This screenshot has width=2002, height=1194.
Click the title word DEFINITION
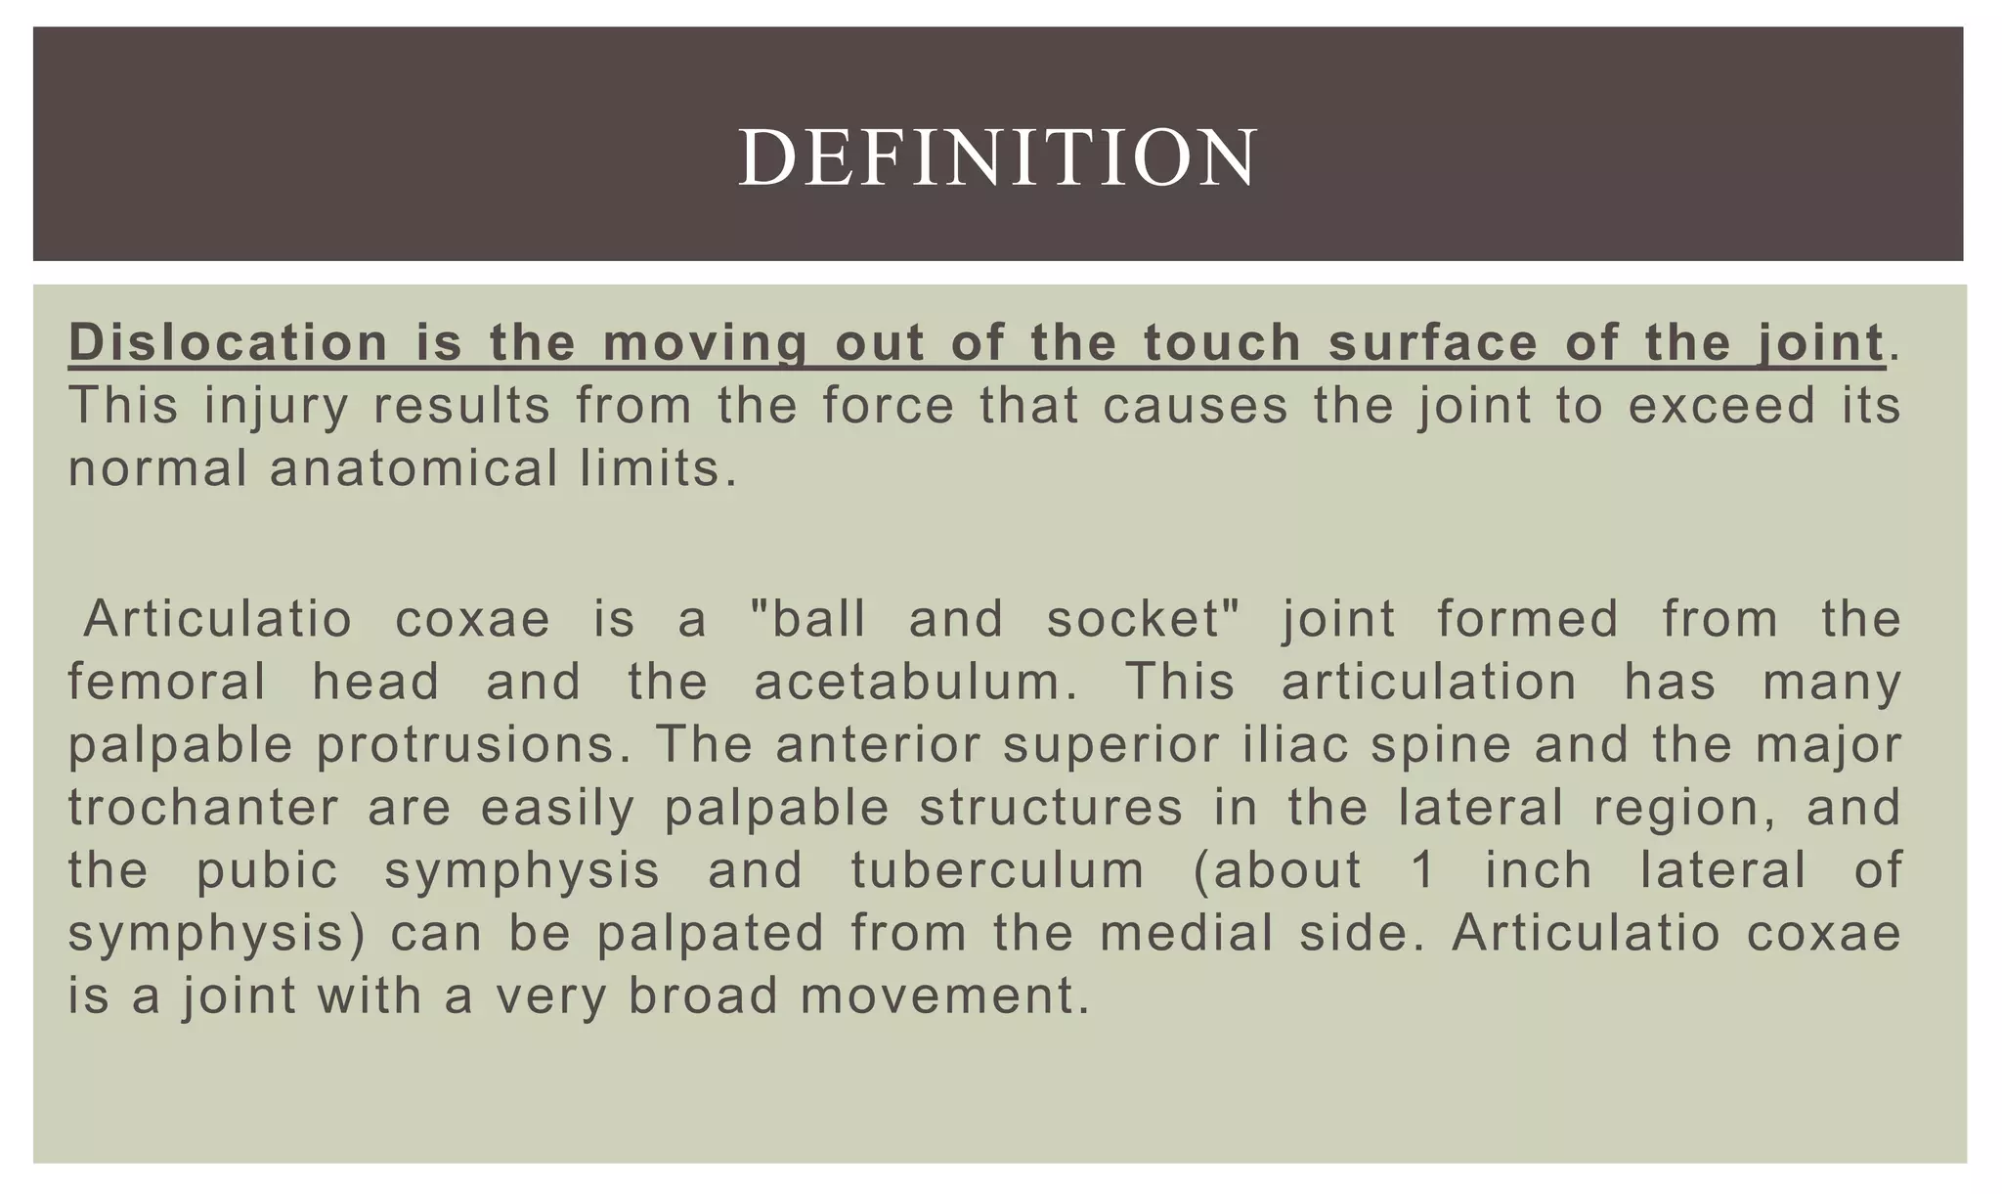(x=998, y=158)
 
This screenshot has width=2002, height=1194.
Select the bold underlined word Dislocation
(x=229, y=343)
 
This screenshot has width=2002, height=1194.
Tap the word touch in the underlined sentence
(x=1223, y=343)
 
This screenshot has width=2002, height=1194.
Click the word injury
(x=276, y=407)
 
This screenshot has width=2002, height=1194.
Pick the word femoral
(x=167, y=682)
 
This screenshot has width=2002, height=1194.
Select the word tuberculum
(x=997, y=871)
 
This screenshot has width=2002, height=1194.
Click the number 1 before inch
(x=1423, y=871)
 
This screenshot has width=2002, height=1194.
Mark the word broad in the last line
(x=703, y=996)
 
